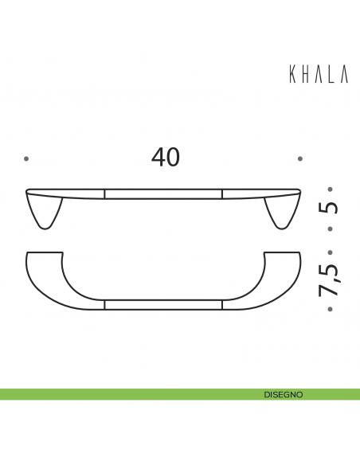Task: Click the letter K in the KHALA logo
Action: click(x=292, y=74)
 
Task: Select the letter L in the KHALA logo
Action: click(x=331, y=74)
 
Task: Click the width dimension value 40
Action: click(x=166, y=158)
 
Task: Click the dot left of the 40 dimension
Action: click(x=26, y=159)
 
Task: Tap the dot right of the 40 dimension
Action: click(x=300, y=159)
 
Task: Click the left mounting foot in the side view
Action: click(x=45, y=213)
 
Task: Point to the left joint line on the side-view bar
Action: click(x=105, y=193)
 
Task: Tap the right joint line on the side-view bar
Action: click(x=221, y=193)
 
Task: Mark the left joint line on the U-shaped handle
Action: click(x=105, y=305)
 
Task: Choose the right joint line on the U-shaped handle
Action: click(x=221, y=305)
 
